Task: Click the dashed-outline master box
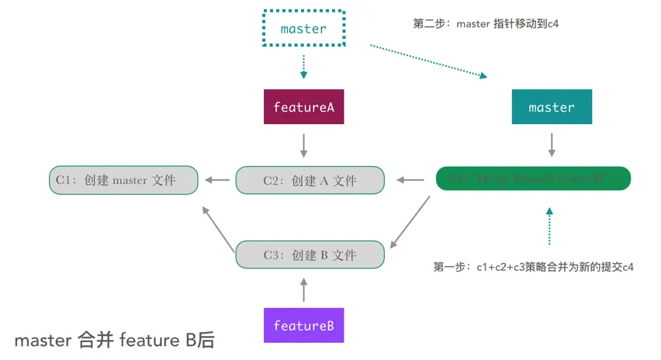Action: pyautogui.click(x=303, y=29)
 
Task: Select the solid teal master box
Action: pyautogui.click(x=552, y=107)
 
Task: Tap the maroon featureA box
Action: pyautogui.click(x=303, y=107)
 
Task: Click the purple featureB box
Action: pyautogui.click(x=303, y=325)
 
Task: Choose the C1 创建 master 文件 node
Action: pyautogui.click(x=123, y=180)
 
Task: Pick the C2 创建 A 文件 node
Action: pyautogui.click(x=310, y=180)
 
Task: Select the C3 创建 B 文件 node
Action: pyautogui.click(x=310, y=254)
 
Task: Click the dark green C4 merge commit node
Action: pyautogui.click(x=533, y=179)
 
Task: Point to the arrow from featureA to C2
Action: pyautogui.click(x=303, y=145)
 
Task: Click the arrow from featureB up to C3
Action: pyautogui.click(x=303, y=289)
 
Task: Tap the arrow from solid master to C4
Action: pyautogui.click(x=552, y=145)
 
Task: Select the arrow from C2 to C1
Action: pyautogui.click(x=217, y=181)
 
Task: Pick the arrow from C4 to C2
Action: pyautogui.click(x=410, y=181)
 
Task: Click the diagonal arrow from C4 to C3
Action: pyautogui.click(x=410, y=221)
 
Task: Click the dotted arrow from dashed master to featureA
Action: pyautogui.click(x=303, y=65)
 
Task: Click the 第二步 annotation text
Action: pyautogui.click(x=486, y=24)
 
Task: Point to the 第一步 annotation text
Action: pyautogui.click(x=535, y=267)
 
